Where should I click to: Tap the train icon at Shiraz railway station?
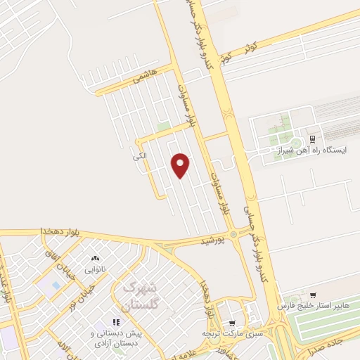313,139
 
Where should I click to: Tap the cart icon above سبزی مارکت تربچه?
231,323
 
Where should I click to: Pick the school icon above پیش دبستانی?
116,322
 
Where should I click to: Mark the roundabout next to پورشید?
233,234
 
